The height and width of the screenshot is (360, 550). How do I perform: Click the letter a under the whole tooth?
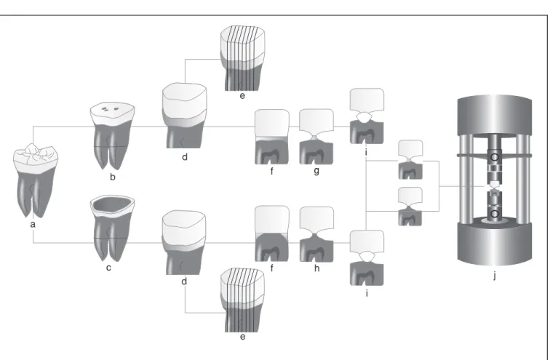(33, 225)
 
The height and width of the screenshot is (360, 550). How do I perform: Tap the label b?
(113, 177)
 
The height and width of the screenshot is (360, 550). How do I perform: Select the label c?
(108, 268)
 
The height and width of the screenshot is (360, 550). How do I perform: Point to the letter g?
(316, 171)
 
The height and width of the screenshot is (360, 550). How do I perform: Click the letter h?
(316, 268)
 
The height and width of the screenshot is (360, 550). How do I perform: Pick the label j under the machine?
(495, 276)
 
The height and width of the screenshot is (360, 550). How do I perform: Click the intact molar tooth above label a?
(35, 180)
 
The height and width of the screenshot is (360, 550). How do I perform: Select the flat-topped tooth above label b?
(112, 136)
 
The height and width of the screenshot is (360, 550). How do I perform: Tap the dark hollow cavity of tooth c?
(112, 204)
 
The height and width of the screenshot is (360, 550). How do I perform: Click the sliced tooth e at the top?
(243, 58)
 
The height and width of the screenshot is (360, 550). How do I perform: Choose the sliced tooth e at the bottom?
(243, 300)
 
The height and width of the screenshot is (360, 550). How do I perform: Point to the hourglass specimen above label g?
(316, 136)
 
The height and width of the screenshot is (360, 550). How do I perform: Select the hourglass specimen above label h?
(316, 234)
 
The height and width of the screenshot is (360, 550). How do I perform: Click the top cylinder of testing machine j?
(495, 116)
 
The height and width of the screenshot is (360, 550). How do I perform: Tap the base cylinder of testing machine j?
(495, 244)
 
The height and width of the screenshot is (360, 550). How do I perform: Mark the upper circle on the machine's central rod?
(494, 157)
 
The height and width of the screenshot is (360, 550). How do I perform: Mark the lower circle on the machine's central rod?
(494, 214)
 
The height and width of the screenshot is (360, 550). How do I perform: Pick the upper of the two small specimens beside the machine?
(410, 159)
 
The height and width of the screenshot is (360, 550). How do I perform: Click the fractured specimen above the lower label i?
(367, 257)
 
